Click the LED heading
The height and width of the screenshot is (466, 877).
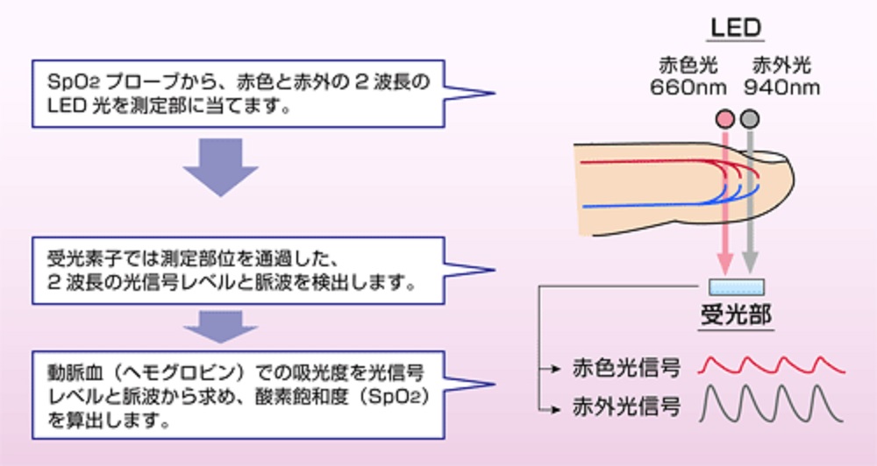(736, 27)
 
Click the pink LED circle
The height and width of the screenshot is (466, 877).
(725, 118)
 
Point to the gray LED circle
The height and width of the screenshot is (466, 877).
(749, 118)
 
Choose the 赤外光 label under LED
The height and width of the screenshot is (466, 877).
(782, 65)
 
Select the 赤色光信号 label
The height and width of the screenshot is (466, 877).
(626, 367)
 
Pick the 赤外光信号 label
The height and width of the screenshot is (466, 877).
(626, 406)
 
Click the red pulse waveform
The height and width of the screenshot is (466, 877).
(772, 364)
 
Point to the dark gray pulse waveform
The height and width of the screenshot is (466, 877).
(772, 405)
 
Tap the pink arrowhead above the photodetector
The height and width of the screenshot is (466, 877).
(725, 264)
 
